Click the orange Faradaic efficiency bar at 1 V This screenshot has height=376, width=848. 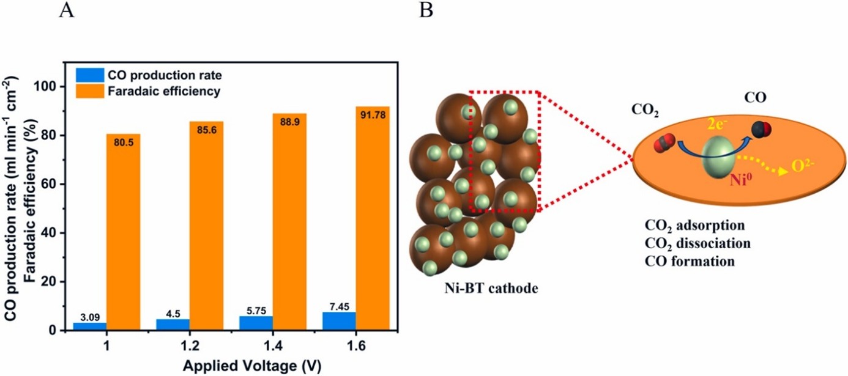tap(123, 232)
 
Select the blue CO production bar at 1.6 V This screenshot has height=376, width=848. tap(339, 322)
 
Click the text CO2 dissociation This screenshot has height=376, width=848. tap(697, 243)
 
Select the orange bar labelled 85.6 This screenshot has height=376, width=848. tap(206, 226)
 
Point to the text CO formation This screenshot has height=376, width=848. tap(690, 261)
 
